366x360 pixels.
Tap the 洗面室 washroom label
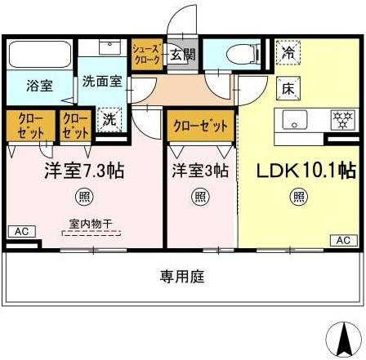point(102,82)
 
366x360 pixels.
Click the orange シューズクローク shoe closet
point(147,56)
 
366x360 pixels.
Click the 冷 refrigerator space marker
point(289,52)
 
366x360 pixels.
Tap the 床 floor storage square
point(289,87)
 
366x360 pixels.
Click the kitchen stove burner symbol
point(340,118)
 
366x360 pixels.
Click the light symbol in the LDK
point(300,196)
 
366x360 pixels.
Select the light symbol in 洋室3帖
point(200,197)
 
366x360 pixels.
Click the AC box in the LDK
point(342,239)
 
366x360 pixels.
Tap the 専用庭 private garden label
point(182,277)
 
